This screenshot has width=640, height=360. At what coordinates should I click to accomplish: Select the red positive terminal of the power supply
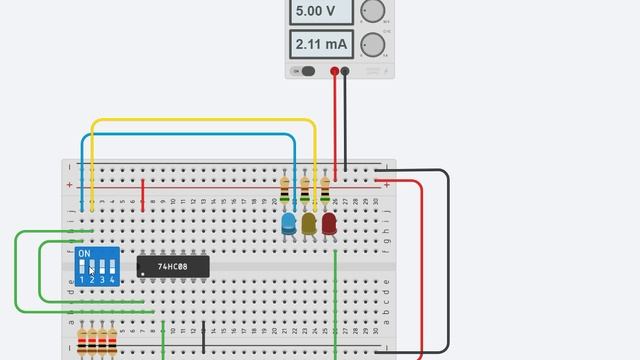[x=334, y=71]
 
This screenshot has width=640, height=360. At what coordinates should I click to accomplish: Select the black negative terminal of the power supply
[x=345, y=71]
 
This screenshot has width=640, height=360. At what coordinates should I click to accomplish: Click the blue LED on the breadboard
[x=289, y=223]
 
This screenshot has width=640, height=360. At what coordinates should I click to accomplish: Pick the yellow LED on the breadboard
[x=309, y=223]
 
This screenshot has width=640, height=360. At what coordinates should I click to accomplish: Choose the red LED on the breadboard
[x=329, y=223]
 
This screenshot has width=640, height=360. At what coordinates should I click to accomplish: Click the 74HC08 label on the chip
[x=173, y=267]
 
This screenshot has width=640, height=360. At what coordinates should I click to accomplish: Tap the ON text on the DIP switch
[x=84, y=254]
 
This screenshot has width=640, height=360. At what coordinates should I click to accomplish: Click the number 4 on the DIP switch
[x=112, y=280]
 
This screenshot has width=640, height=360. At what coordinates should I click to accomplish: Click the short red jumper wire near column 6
[x=143, y=195]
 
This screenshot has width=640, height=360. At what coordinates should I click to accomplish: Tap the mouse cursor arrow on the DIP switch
[x=91, y=270]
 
